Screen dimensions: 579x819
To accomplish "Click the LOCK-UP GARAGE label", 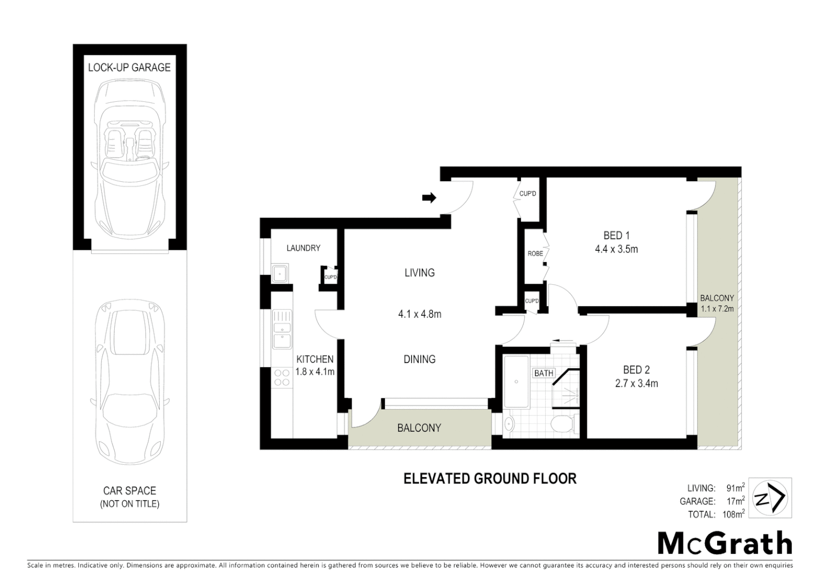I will [129, 68].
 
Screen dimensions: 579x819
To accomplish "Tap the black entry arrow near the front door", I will [429, 198].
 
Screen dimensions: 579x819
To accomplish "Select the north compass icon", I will [770, 498].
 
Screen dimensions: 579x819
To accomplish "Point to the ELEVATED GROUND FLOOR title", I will [489, 479].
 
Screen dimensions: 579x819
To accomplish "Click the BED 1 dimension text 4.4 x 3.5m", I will [616, 249].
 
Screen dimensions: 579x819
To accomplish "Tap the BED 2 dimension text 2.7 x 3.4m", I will [636, 383].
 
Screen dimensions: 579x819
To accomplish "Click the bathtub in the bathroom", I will [516, 382].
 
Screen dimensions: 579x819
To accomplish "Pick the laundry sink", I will [279, 273].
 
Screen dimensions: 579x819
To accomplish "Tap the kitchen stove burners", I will [281, 377].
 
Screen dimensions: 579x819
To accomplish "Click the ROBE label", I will [535, 254].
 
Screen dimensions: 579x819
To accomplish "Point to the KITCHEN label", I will [315, 359].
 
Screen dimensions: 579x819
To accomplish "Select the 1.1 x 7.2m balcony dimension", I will [717, 309].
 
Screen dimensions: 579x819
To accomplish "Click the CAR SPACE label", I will [129, 491].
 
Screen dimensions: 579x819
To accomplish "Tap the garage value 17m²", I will [735, 501].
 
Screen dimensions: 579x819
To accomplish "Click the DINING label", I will [419, 359].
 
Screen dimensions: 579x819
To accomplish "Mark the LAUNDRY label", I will [303, 248].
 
